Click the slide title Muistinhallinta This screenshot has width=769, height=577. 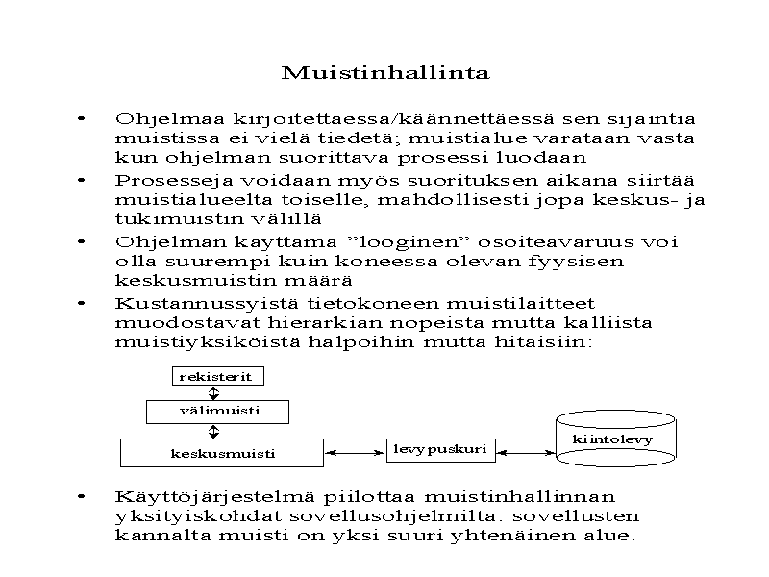pyautogui.click(x=384, y=73)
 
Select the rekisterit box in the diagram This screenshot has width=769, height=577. pyautogui.click(x=215, y=377)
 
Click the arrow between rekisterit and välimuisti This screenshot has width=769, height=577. pyautogui.click(x=214, y=393)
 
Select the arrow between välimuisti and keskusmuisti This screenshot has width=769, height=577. pyautogui.click(x=214, y=431)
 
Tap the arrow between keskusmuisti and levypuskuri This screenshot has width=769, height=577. pyautogui.click(x=356, y=451)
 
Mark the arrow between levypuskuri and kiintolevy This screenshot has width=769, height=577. pyautogui.click(x=527, y=451)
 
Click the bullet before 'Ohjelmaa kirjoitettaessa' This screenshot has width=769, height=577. pyautogui.click(x=84, y=119)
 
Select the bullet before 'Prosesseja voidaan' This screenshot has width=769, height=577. pyautogui.click(x=84, y=180)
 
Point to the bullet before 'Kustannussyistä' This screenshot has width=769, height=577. pyautogui.click(x=84, y=302)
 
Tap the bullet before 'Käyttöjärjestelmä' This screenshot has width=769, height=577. pyautogui.click(x=84, y=497)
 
